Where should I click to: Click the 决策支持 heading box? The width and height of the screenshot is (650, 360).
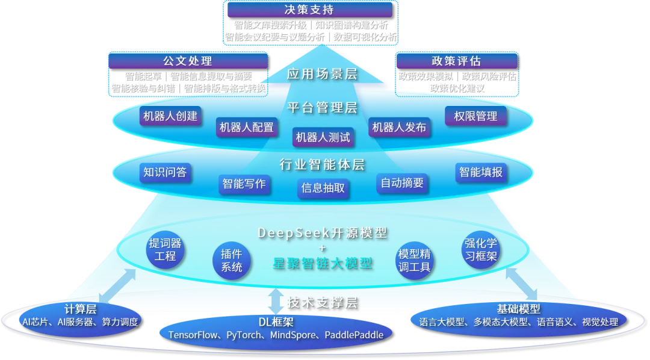pos(309,10)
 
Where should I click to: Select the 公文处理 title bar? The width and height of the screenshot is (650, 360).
pos(187,61)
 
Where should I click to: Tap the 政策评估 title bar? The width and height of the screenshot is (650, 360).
pos(456,61)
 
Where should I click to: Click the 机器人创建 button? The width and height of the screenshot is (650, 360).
pos(170,116)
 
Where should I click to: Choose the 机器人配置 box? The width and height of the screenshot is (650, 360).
pos(246,127)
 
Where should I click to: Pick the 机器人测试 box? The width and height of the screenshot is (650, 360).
pos(323,137)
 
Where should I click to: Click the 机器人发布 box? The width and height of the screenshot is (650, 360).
pos(399,127)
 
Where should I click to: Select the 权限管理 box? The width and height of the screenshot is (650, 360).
pos(475,116)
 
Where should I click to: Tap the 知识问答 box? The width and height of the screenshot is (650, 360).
pos(164,173)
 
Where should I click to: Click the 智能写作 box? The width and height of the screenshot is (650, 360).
pos(244,184)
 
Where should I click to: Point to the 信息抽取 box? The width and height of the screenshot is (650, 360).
pos(323,188)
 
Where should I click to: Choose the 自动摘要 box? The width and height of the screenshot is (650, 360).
pos(402,182)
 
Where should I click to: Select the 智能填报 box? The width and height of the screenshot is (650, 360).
pos(480,173)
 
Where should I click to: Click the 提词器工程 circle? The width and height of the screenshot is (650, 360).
pos(165,250)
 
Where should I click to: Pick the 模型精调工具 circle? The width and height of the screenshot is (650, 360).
pos(415,260)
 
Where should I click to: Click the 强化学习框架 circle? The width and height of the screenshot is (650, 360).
pos(480,250)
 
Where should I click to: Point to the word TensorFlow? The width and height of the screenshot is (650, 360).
pos(194,335)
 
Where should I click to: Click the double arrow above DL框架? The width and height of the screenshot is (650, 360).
pos(274,300)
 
